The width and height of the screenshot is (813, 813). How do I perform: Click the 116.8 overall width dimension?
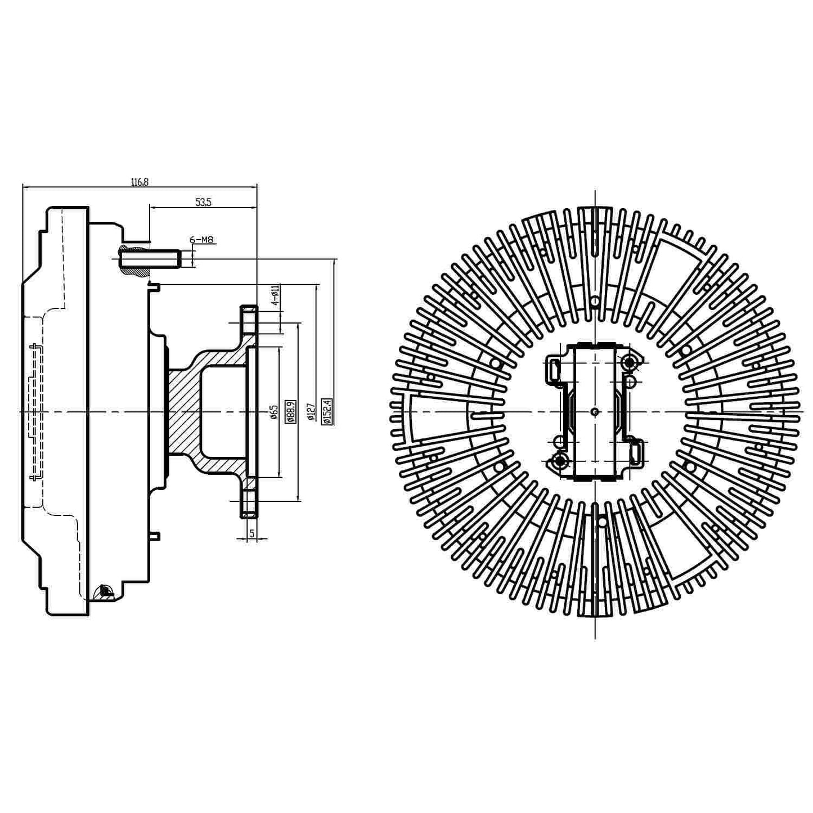coord(140,182)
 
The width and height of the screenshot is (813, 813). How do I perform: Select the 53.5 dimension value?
coord(203,203)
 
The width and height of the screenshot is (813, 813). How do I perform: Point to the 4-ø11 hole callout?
coord(275,295)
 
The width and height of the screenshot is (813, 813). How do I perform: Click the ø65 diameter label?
coord(274,412)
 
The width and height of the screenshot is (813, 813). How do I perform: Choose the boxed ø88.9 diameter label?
coord(290,412)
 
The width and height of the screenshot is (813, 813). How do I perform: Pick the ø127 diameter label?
coord(310,412)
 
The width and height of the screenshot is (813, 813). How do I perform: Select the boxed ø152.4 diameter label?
coord(327,411)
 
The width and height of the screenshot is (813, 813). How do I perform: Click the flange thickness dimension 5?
coord(251,532)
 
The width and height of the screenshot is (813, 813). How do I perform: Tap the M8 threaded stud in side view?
coord(149,259)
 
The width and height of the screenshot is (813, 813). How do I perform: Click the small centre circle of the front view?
coord(595,412)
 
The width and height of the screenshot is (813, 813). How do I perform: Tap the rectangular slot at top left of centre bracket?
coord(554,370)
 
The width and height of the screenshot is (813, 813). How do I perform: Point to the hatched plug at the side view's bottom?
coord(105,591)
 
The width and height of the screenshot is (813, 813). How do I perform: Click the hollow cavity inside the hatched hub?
coord(222,412)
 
